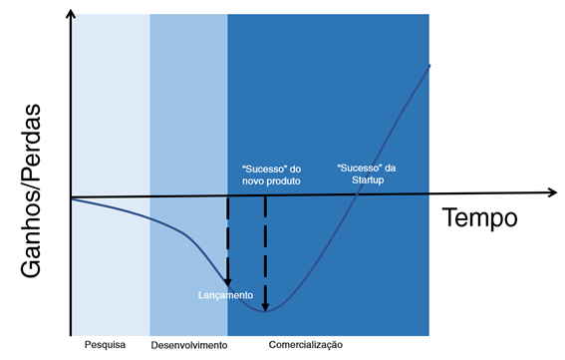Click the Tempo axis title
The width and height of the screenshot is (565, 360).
click(x=480, y=217)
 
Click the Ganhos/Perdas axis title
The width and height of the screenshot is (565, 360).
click(x=31, y=190)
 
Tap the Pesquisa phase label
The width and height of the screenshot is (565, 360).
click(x=105, y=345)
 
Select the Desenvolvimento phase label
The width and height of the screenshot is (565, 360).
click(x=189, y=345)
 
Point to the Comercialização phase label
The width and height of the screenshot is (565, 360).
click(x=306, y=345)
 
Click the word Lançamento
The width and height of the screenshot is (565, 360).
click(x=225, y=295)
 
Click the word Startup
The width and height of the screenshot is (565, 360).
click(x=368, y=180)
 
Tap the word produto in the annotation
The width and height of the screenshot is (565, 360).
click(x=284, y=180)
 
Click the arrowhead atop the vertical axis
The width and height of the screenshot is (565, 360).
click(x=71, y=13)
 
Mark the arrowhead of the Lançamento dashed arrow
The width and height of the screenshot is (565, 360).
click(x=228, y=282)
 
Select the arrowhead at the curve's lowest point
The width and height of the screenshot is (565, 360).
click(x=265, y=306)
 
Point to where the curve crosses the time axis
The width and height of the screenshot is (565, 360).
click(x=357, y=194)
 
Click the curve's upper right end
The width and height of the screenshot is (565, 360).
click(x=429, y=65)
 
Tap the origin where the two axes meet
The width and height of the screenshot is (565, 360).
click(x=71, y=197)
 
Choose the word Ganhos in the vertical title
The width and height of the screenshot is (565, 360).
click(x=31, y=237)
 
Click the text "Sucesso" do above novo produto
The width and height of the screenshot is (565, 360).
click(x=272, y=170)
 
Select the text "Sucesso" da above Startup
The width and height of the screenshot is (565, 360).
click(x=366, y=169)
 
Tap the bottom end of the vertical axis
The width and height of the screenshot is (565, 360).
click(x=71, y=335)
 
